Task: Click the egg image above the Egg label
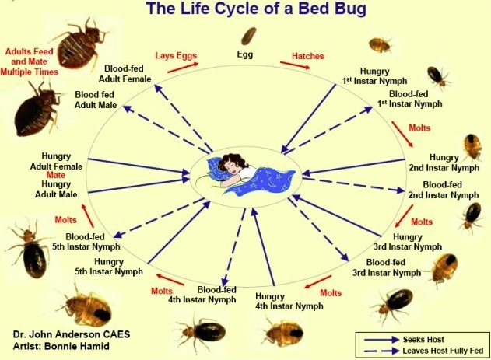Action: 249,36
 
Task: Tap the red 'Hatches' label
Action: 308,56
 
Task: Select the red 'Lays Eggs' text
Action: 176,56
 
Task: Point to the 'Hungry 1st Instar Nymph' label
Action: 374,76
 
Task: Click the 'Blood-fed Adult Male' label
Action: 95,100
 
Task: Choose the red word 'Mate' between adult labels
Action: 56,175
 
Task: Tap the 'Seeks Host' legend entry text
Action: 423,339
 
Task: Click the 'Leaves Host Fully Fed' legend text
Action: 443,351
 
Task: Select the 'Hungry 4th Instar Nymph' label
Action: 289,301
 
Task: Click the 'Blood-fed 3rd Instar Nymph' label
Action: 387,267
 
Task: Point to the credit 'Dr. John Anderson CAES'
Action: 72,334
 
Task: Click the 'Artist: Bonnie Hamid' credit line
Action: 61,346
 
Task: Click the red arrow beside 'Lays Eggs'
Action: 183,68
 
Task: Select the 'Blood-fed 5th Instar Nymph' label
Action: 86,242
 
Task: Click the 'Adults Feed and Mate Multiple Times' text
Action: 29,61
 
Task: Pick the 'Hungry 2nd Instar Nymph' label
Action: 444,163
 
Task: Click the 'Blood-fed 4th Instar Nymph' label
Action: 202,295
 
